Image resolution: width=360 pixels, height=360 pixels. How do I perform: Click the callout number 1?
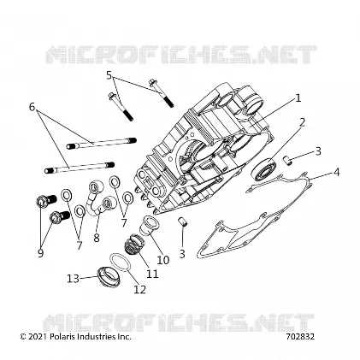tap(298, 98)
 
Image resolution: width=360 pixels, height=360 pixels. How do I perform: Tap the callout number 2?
tap(302, 122)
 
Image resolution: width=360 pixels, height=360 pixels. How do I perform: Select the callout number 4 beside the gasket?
tap(337, 172)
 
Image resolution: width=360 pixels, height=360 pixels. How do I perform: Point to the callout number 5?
tap(109, 75)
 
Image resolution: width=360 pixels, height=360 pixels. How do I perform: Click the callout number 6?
tap(32, 107)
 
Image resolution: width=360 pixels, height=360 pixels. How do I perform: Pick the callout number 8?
tap(97, 238)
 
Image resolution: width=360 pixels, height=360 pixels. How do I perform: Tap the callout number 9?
tap(40, 252)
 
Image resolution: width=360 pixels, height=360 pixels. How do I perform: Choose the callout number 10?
tap(163, 260)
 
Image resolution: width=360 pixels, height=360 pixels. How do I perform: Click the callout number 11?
tap(152, 274)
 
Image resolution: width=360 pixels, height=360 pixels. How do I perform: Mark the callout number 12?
tap(140, 289)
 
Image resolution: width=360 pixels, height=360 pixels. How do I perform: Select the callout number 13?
tap(74, 279)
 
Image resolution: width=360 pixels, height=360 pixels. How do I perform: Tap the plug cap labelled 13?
tap(109, 276)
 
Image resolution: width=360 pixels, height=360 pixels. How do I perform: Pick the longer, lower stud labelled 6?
tap(80, 168)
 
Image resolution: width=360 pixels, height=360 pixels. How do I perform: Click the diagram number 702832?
tap(300, 337)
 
